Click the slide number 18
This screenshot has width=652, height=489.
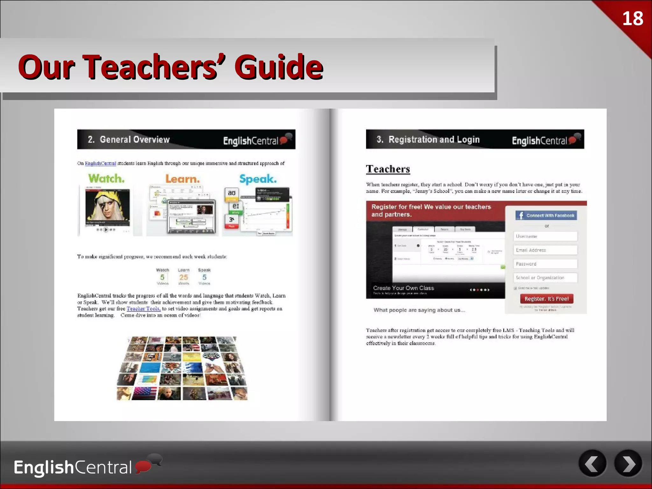point(633,18)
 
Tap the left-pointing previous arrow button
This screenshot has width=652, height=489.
point(592,464)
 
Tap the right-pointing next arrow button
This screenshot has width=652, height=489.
point(628,464)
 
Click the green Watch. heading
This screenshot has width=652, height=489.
point(106,178)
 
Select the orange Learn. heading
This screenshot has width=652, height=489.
point(182,179)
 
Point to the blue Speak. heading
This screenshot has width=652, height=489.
point(258,179)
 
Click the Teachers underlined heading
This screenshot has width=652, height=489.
point(388,169)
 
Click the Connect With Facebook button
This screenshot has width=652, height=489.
point(546,216)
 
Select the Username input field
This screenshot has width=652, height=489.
point(545,236)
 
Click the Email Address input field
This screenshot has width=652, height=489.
point(545,250)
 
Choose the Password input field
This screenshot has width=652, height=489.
point(545,264)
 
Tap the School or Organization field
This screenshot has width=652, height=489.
point(545,278)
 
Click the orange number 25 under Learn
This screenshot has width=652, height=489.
point(183,277)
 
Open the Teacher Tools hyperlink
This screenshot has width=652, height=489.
point(143,308)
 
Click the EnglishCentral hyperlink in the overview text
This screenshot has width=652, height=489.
point(100,163)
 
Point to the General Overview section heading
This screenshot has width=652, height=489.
point(134,139)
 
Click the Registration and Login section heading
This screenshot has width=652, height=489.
point(434,139)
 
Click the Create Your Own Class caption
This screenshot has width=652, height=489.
point(403,288)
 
